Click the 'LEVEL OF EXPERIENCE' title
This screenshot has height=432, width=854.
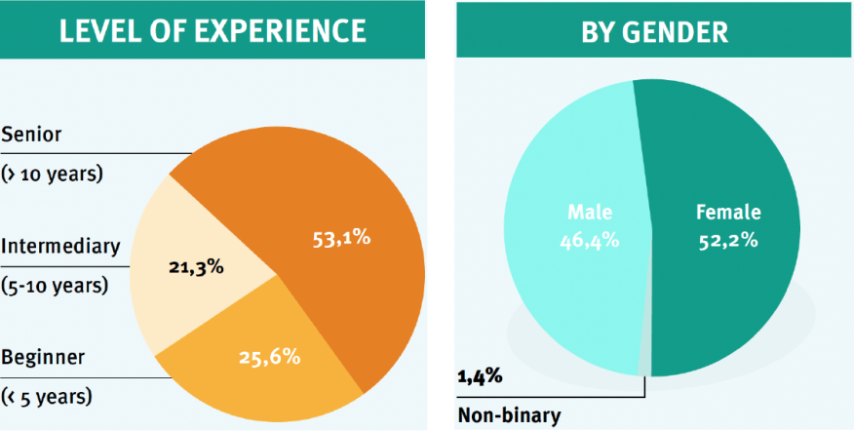point(213,30)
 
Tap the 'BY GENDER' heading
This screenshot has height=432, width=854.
point(654,30)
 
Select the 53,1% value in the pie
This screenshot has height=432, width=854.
point(340,237)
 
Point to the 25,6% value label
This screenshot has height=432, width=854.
point(269,357)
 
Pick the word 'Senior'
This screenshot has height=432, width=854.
point(31,135)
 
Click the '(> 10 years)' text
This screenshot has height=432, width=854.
point(52,175)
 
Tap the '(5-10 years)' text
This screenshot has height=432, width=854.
point(55,287)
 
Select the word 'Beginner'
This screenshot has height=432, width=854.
point(42,356)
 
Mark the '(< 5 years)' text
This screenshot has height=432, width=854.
point(47,397)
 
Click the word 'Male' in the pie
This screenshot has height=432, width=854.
point(588,212)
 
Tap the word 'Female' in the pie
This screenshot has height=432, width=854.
point(728,212)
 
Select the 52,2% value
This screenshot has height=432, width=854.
point(728,239)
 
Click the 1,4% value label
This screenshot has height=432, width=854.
point(479,374)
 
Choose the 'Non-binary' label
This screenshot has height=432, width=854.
point(509,416)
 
